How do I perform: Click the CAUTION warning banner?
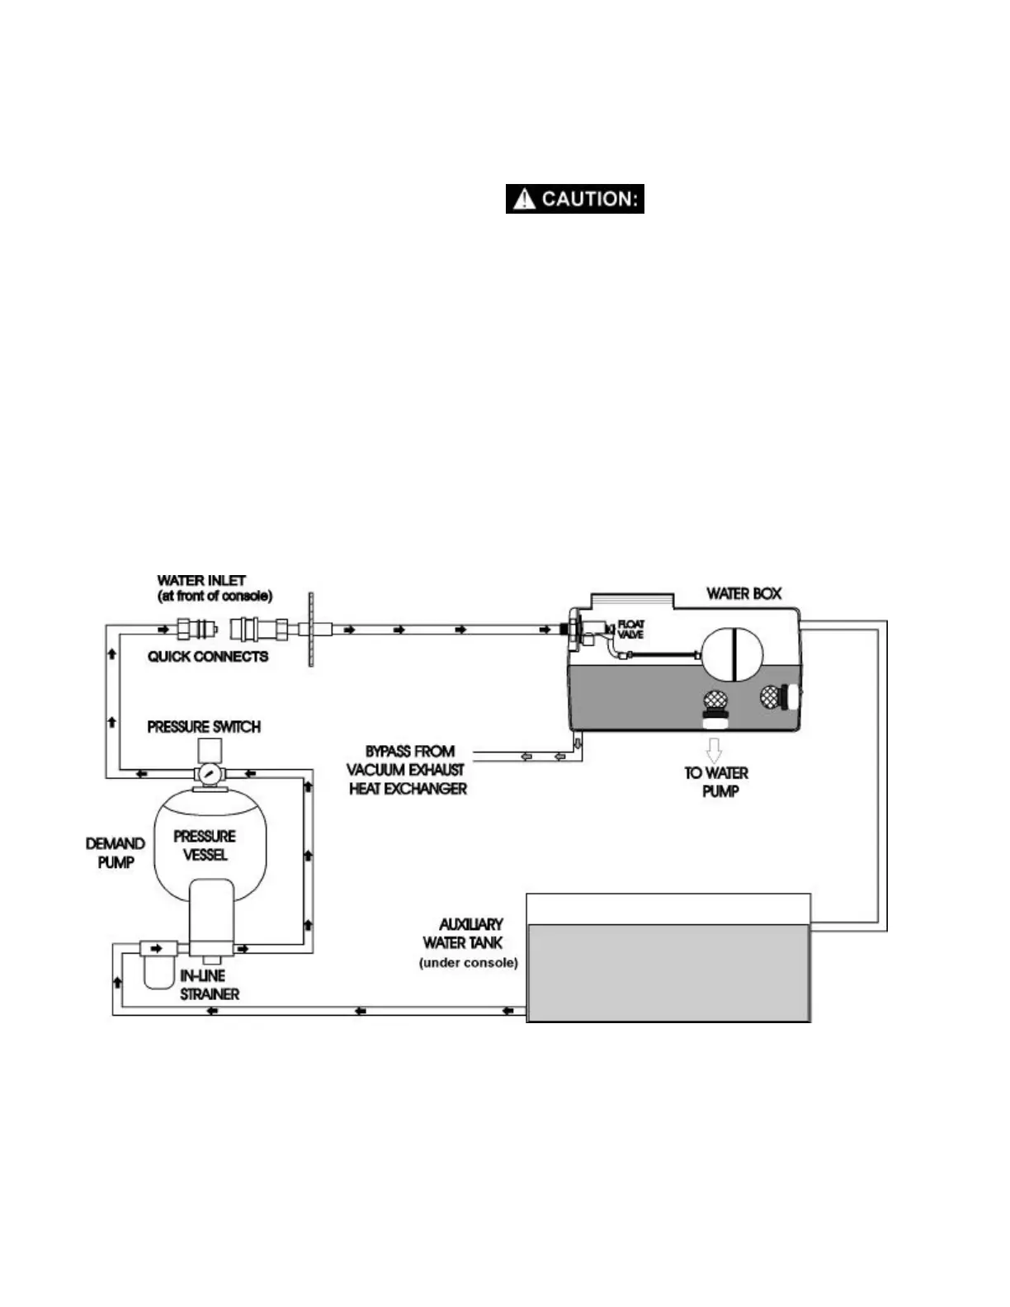coord(575,199)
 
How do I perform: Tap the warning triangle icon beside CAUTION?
coord(524,199)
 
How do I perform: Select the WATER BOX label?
coord(743,593)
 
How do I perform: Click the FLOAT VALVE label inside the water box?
coord(630,630)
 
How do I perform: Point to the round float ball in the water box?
coord(732,654)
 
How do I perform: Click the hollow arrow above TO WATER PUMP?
coord(715,750)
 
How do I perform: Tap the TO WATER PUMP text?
coord(716,782)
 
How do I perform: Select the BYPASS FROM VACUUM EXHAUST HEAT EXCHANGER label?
coord(407,771)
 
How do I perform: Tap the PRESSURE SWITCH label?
coord(204,727)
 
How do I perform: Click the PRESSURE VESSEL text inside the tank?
coord(205,845)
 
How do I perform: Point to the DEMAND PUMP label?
coord(116,852)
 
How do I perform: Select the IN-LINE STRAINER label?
coord(209,985)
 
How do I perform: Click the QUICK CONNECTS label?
coord(208,657)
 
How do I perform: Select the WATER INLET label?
coord(213,587)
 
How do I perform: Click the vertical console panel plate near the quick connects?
coord(311,630)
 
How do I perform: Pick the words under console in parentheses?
coord(469,963)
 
